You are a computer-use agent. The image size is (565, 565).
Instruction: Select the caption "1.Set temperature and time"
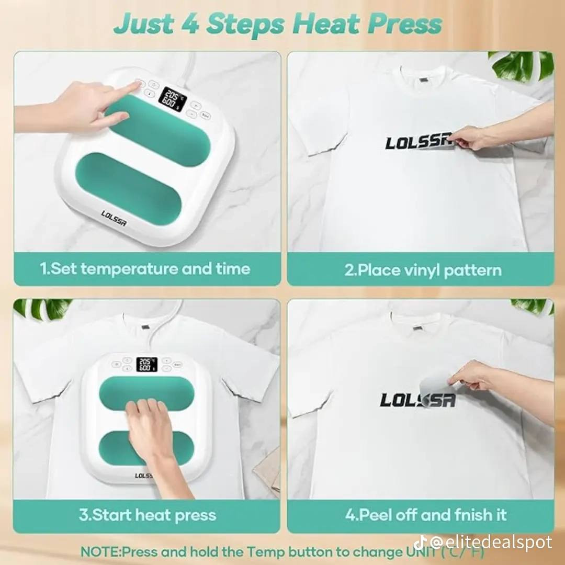tap(145, 269)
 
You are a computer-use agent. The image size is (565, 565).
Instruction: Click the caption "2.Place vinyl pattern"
tap(423, 270)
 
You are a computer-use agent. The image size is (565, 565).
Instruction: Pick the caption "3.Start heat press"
tap(148, 515)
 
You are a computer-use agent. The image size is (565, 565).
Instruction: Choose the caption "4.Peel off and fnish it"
tap(425, 515)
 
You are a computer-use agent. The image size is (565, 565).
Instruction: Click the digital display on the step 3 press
tap(147, 365)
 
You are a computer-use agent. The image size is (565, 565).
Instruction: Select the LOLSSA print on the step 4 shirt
tap(417, 400)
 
